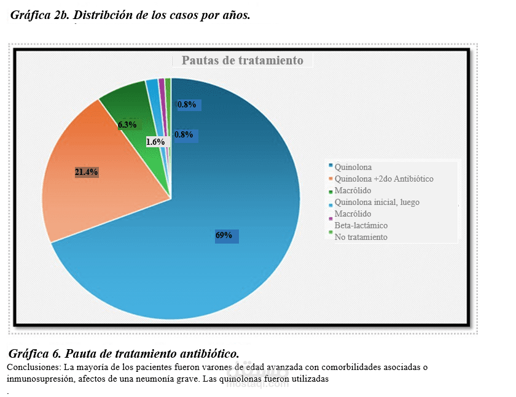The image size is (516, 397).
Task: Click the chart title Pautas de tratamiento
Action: pyautogui.click(x=242, y=60)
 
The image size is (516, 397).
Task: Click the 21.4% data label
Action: pyautogui.click(x=87, y=172)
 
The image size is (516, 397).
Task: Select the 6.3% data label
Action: pyautogui.click(x=127, y=125)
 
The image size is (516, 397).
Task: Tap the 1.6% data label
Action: pyautogui.click(x=155, y=142)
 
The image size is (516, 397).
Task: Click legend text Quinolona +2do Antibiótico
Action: pyautogui.click(x=384, y=179)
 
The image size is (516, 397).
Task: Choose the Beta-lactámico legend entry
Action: pyautogui.click(x=361, y=225)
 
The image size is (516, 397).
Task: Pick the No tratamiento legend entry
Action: pyautogui.click(x=361, y=237)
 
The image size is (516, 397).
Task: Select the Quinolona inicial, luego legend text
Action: pyautogui.click(x=377, y=202)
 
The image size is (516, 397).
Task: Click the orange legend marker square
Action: pyautogui.click(x=331, y=178)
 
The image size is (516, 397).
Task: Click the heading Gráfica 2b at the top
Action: pyautogui.click(x=130, y=15)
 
